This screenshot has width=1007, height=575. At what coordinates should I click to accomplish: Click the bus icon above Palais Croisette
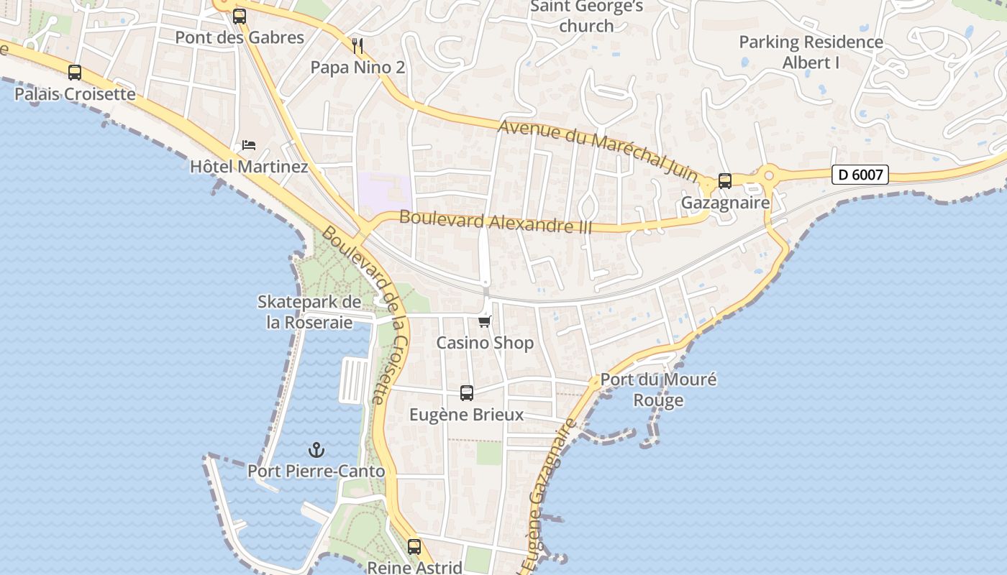click(75, 73)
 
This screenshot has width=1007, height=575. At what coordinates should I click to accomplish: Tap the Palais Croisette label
click(75, 94)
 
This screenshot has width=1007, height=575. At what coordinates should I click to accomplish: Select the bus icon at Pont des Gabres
click(240, 17)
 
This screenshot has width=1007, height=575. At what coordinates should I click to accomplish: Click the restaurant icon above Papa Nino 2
click(357, 47)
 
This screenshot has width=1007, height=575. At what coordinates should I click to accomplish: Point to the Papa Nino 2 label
click(357, 68)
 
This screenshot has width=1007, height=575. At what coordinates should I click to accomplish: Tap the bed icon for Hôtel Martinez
click(249, 145)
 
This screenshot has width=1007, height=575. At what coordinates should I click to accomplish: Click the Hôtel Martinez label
click(249, 167)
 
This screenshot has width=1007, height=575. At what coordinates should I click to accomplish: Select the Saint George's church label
click(586, 17)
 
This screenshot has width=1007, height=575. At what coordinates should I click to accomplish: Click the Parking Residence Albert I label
click(811, 52)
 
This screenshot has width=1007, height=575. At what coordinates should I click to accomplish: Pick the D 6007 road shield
click(860, 175)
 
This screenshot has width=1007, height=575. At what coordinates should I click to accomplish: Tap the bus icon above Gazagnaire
click(725, 181)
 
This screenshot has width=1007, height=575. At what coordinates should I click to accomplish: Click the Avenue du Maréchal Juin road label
click(598, 150)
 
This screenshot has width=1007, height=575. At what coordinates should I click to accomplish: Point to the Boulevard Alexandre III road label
click(496, 221)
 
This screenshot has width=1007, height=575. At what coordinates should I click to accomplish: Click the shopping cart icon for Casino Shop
click(486, 321)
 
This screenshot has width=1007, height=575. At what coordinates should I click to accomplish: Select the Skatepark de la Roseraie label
click(309, 312)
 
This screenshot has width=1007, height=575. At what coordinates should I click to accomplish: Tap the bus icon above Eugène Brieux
click(467, 393)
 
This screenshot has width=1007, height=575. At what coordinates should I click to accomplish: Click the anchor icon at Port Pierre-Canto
click(316, 451)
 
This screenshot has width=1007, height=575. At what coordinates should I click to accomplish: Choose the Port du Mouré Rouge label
click(658, 390)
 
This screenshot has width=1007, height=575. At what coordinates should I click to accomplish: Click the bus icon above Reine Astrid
click(414, 546)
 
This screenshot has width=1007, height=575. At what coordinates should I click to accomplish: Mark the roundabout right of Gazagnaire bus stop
click(769, 174)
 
